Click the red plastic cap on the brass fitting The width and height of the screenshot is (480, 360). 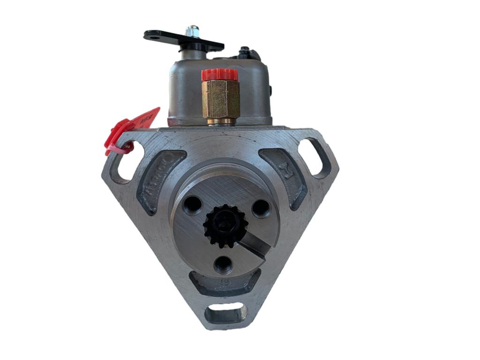click(220, 74)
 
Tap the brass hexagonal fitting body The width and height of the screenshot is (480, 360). click(220, 98)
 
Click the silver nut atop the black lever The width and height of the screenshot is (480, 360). click(191, 32)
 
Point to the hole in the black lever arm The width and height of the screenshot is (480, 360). click(152, 35)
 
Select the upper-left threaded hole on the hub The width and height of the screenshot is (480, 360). click(192, 204)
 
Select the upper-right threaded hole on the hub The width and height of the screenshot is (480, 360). click(261, 208)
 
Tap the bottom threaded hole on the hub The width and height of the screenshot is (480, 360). click(224, 265)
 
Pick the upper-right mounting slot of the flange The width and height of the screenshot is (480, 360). click(318, 157)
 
